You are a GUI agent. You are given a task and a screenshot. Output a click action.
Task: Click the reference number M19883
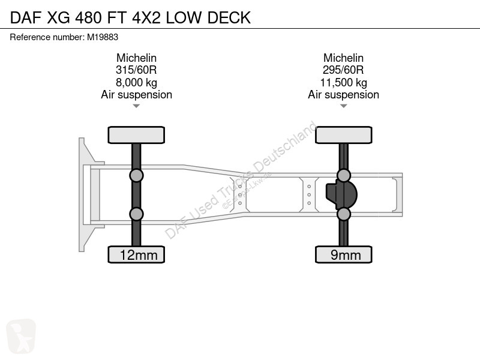103,37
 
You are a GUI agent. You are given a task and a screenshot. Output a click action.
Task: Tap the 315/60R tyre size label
136,70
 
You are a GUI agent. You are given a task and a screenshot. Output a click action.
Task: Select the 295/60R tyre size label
343,70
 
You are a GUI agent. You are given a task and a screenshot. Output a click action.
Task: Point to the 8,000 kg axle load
136,83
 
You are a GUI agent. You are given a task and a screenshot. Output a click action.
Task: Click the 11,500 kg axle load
343,83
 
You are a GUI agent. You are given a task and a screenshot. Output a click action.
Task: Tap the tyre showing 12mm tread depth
136,254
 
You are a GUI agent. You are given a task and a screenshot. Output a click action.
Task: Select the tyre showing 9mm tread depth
343,254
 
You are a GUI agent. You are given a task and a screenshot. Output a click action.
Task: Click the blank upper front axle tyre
136,135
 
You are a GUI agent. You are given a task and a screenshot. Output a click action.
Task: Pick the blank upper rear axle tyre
343,135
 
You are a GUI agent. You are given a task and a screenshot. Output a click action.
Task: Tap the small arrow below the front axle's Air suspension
136,106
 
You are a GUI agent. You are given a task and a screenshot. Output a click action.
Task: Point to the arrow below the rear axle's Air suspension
343,106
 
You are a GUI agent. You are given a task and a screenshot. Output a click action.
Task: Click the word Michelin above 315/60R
136,58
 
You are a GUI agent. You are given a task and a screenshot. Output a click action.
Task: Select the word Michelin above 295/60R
343,58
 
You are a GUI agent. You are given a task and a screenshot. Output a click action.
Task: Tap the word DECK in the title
229,18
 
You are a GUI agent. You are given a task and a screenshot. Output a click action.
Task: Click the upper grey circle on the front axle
136,176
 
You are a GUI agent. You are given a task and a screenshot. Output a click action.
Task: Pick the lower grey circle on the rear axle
343,214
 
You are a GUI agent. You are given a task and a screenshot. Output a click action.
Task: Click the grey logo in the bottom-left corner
21,337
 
